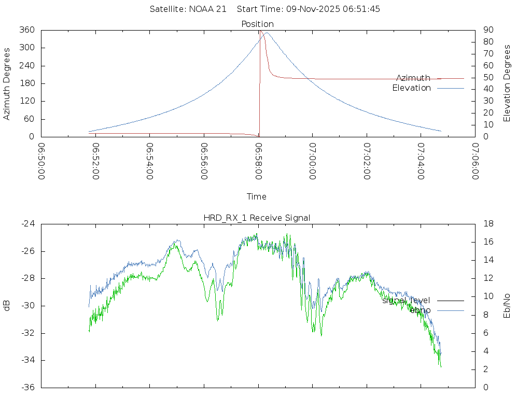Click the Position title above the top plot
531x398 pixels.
257,24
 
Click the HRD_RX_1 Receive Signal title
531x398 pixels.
257,218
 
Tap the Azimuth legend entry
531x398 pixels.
413,78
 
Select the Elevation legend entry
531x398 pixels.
411,88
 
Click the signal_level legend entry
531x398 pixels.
406,300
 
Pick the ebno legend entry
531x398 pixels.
420,310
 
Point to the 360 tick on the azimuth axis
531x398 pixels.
27,30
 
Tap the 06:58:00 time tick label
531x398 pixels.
258,161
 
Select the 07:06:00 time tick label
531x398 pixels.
475,161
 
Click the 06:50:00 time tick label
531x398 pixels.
41,161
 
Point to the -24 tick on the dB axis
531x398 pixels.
27,224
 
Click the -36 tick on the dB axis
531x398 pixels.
27,387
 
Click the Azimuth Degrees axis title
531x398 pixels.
7,83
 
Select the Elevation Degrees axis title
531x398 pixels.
507,83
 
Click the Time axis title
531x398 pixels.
257,196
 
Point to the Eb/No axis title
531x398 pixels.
507,306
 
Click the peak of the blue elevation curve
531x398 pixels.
267,33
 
